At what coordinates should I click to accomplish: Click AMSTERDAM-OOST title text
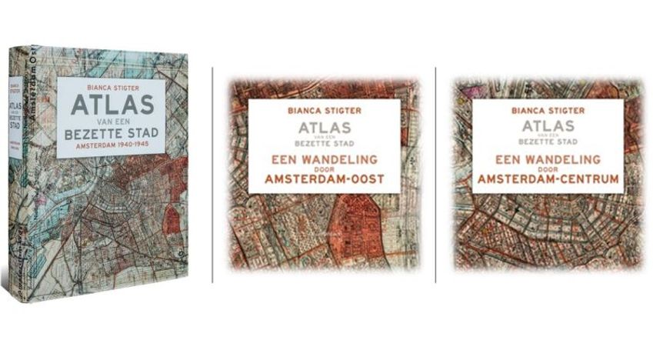point(324,181)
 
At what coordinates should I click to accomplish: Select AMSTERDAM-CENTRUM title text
point(547,181)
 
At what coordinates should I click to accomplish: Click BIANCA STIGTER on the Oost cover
point(324,111)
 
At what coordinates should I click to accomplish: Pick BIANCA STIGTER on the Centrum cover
point(547,111)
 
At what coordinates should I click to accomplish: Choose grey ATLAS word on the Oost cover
point(324,126)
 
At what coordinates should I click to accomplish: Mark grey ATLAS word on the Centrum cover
point(547,126)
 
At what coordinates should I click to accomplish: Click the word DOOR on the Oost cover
point(324,170)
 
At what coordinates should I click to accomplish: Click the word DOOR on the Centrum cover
point(547,170)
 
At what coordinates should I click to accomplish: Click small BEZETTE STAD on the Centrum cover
point(547,142)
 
